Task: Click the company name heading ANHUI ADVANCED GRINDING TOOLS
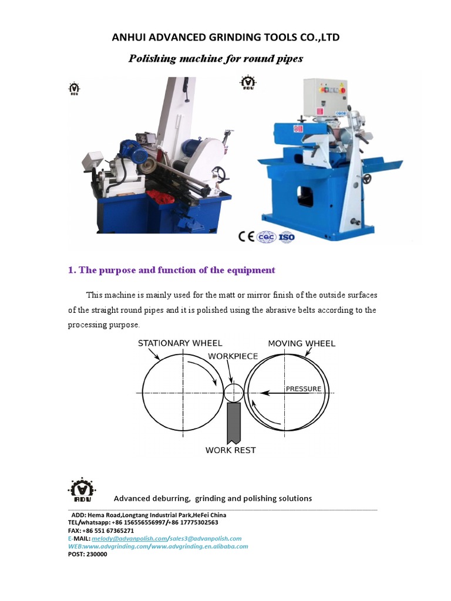tap(225, 38)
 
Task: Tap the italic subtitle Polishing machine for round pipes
tap(216, 59)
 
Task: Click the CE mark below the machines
tap(246, 237)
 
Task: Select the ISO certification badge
tap(286, 237)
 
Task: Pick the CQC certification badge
tap(267, 237)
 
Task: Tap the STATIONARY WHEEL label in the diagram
tap(180, 343)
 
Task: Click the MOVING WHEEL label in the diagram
tap(301, 343)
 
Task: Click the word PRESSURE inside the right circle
tap(303, 389)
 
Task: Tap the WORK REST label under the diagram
tap(230, 450)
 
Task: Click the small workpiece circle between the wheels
tap(233, 393)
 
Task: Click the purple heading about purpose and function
tap(171, 271)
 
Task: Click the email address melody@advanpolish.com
tap(129, 538)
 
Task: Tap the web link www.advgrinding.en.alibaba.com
tap(201, 546)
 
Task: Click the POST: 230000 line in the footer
tap(87, 553)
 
